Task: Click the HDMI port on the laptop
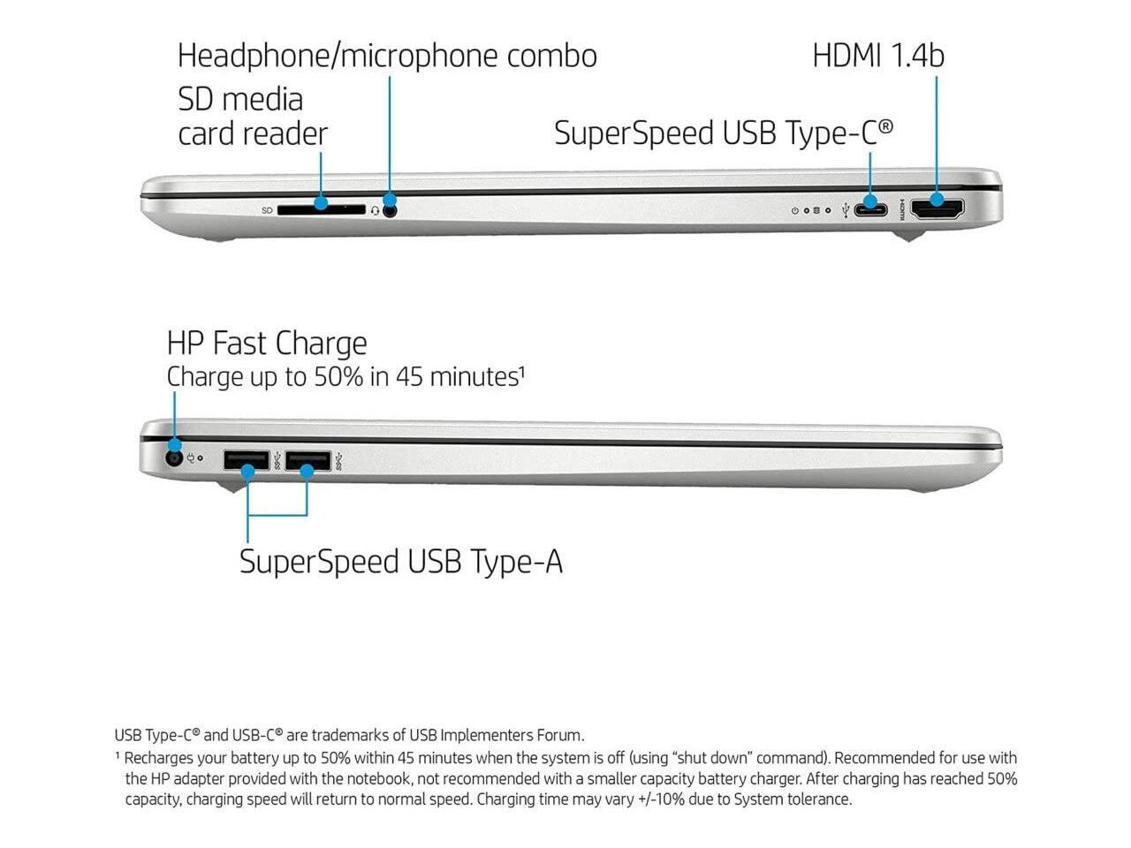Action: point(937,210)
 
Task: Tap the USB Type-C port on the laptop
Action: point(871,210)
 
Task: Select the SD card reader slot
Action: point(321,210)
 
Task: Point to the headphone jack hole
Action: point(390,210)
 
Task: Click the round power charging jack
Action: point(174,458)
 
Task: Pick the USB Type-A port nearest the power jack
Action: point(247,460)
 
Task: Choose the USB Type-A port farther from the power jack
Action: point(307,460)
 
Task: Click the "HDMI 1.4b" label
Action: point(877,56)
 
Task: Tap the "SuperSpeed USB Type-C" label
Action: point(723,133)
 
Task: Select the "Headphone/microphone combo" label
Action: point(387,56)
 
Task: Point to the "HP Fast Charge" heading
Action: point(267,343)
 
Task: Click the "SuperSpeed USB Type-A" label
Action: point(400,562)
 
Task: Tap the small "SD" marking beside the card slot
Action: point(267,211)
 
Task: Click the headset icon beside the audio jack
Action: point(376,210)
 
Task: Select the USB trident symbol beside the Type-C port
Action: point(847,210)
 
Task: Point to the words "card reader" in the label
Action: point(253,134)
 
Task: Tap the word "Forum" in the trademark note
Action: point(560,735)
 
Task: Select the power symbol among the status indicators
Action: point(795,211)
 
